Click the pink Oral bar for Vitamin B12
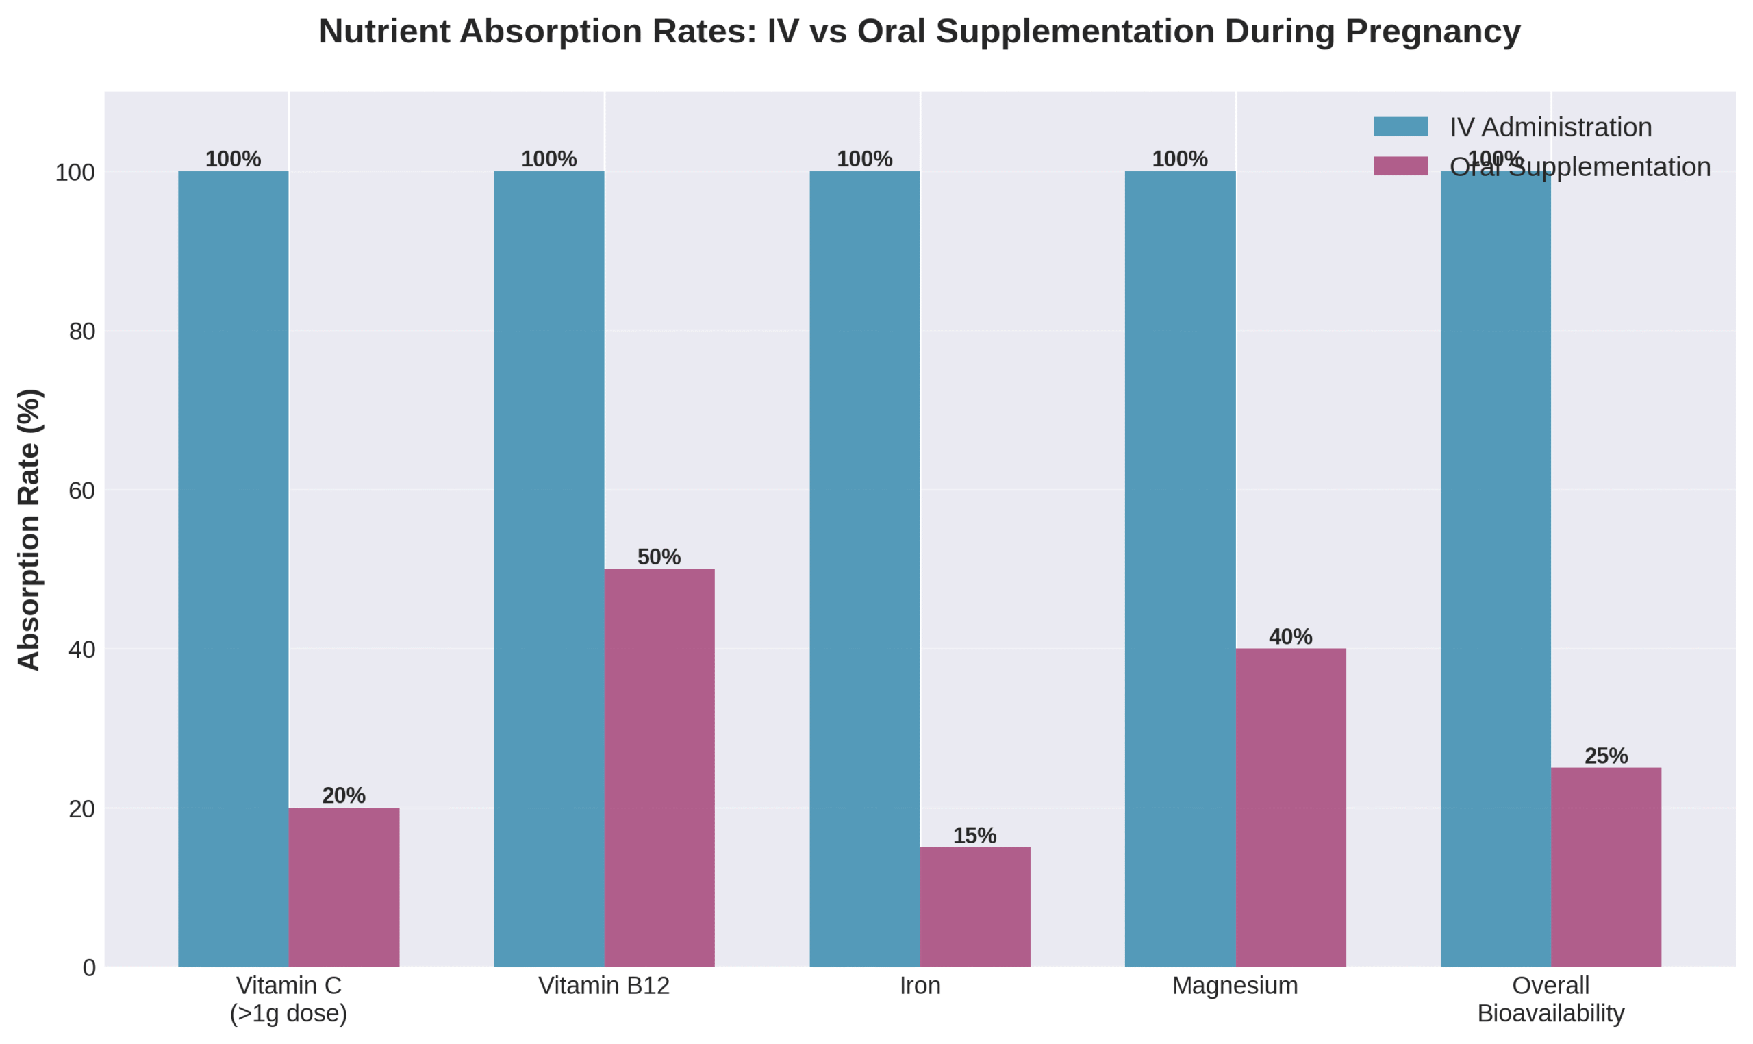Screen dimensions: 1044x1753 tap(659, 767)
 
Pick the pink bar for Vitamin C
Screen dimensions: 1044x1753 tap(344, 886)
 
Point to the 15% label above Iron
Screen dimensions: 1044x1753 tap(974, 835)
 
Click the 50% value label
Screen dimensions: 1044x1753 tap(659, 556)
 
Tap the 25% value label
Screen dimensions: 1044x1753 tap(1606, 756)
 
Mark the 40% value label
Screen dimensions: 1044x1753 tap(1290, 636)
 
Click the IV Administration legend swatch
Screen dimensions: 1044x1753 tap(1400, 127)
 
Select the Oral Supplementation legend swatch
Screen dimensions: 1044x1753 tap(1400, 166)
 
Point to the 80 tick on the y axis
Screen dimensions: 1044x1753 tap(81, 332)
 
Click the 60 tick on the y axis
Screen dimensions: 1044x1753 tap(81, 490)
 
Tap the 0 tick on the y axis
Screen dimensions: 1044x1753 tap(88, 968)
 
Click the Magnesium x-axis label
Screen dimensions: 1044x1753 tap(1235, 986)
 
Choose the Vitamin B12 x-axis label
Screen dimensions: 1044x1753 tap(604, 986)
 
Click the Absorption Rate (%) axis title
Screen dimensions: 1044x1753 tap(29, 529)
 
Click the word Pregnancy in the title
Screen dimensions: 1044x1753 tap(1433, 32)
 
